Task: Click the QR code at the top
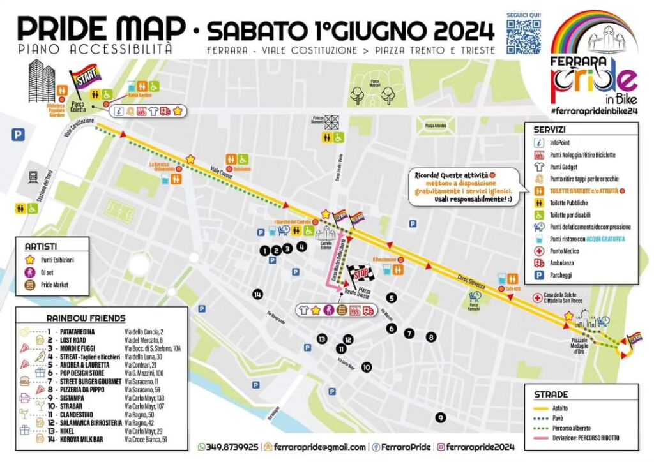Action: [524, 37]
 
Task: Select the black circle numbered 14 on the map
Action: [257, 294]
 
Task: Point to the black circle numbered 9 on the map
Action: [439, 417]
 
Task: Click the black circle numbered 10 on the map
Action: [366, 368]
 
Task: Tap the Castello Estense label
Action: [325, 245]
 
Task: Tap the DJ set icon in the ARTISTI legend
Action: [29, 272]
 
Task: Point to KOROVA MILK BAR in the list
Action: [86, 440]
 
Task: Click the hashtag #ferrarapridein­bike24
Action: [594, 110]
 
